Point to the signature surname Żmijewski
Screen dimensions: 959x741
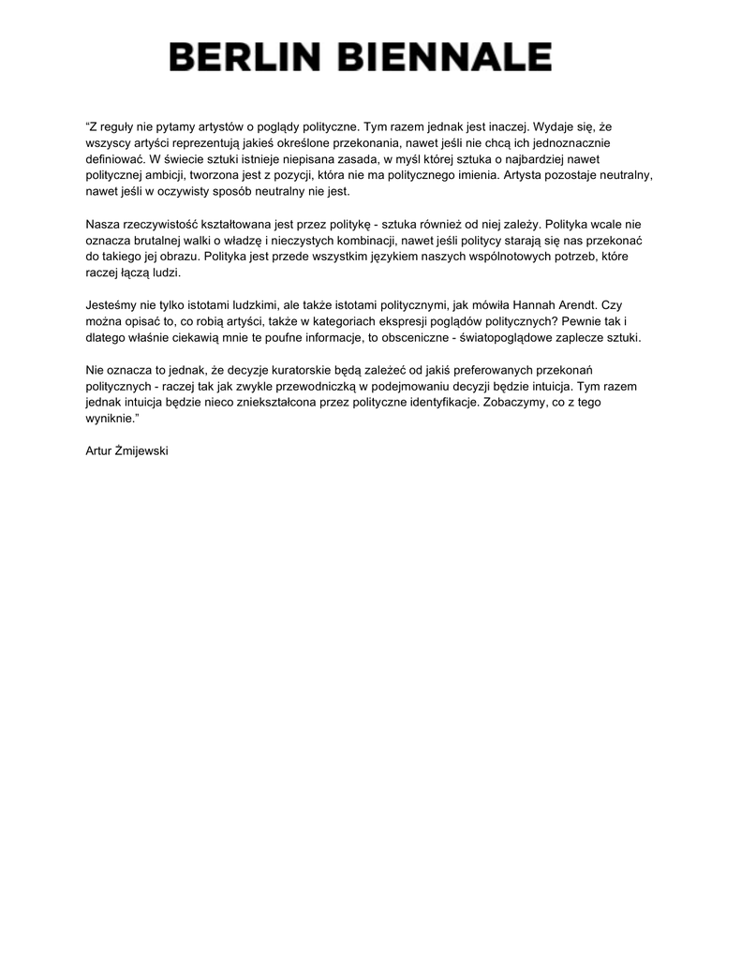pos(141,450)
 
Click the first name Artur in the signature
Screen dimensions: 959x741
pos(99,450)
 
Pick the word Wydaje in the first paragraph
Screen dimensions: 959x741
pos(555,125)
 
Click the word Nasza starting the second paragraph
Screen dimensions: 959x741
pos(102,225)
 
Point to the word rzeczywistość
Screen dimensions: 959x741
pos(163,225)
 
